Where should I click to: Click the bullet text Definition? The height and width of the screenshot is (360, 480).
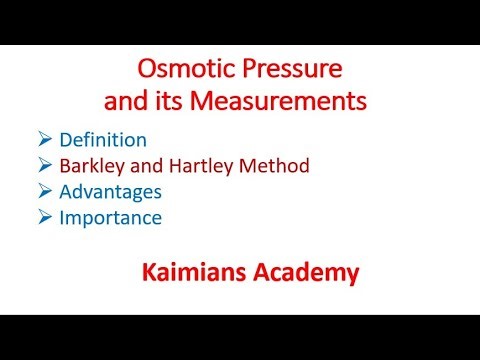pyautogui.click(x=132, y=139)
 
